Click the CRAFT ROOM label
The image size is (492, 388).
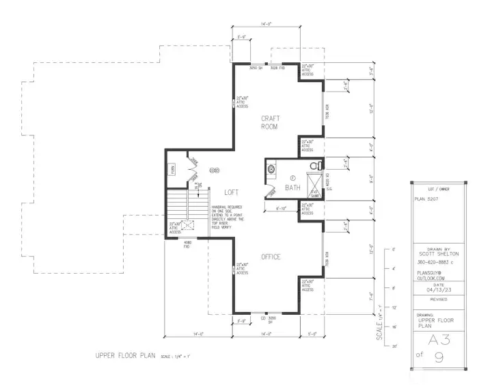[270, 122]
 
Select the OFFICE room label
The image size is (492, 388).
[271, 257]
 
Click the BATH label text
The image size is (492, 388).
[292, 187]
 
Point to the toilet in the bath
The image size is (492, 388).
[315, 166]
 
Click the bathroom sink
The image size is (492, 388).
[271, 168]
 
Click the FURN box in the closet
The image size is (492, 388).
[173, 171]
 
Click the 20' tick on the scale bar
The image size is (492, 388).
[394, 348]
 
